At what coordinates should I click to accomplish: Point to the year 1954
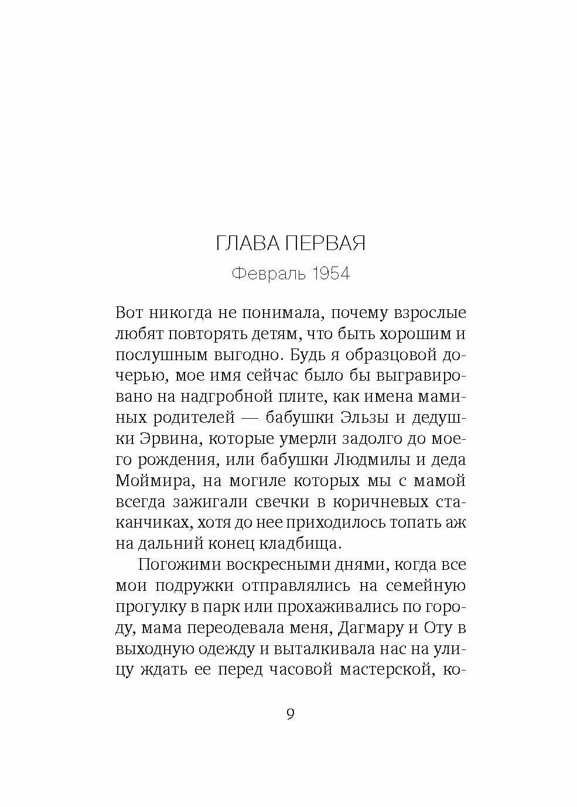[x=330, y=273]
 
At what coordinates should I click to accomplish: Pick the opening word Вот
[x=131, y=312]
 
